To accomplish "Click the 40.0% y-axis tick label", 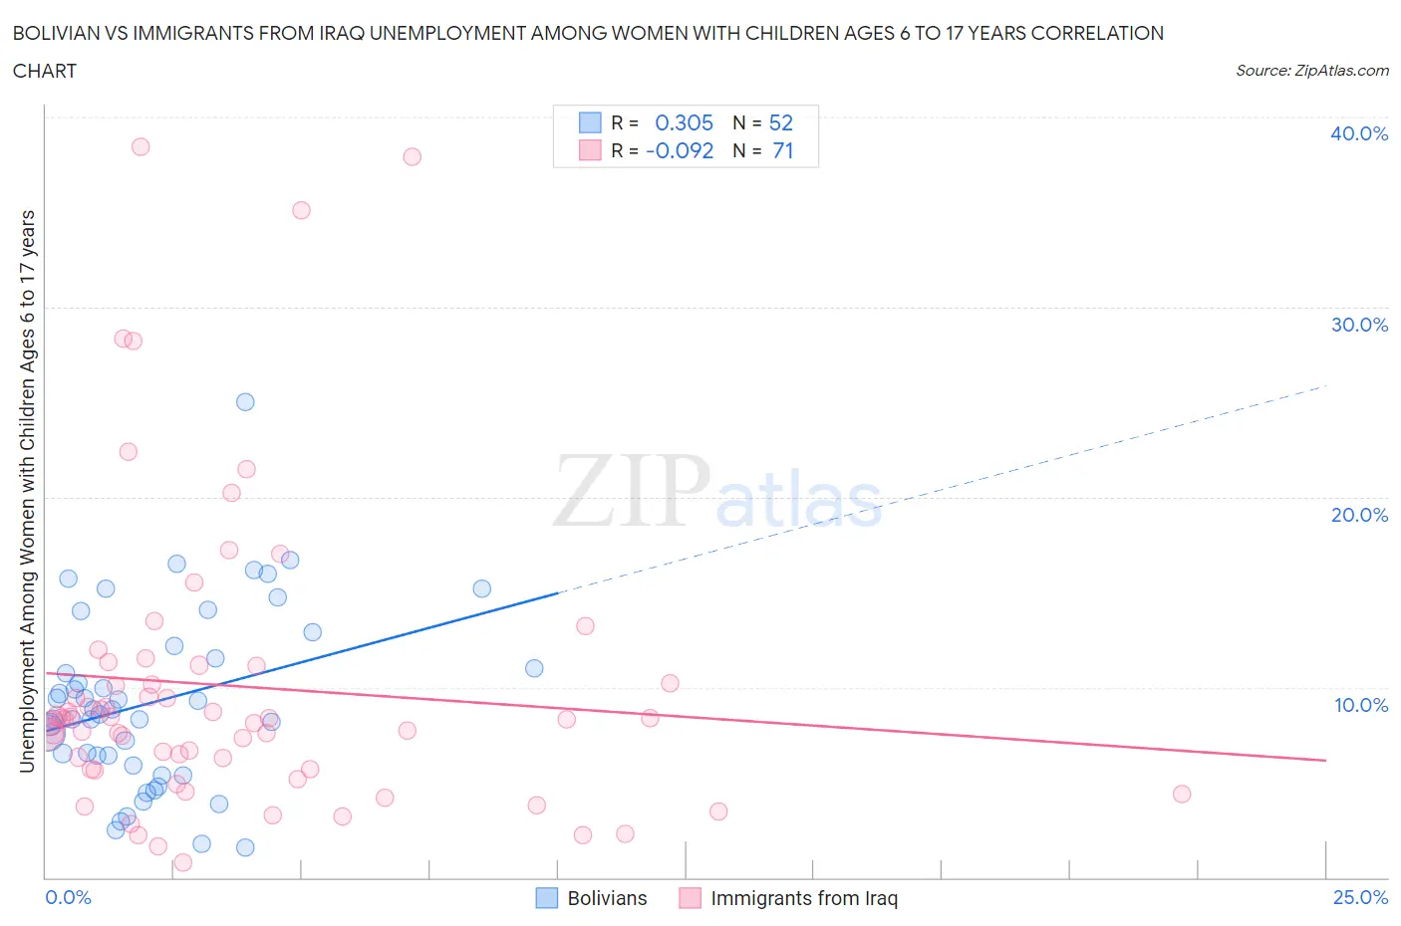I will tap(1358, 133).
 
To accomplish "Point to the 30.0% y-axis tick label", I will tap(1358, 325).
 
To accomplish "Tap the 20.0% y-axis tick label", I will tap(1358, 515).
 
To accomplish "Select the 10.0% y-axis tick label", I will tap(1360, 705).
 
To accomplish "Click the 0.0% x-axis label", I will tap(68, 897).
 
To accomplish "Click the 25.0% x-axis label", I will tap(1360, 897).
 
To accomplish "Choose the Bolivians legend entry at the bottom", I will tap(592, 898).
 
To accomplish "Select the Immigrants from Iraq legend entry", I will tap(788, 898).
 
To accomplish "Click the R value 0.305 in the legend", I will tap(684, 122).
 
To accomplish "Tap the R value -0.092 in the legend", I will tap(680, 150).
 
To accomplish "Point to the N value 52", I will tap(781, 122).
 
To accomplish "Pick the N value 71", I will tap(783, 150).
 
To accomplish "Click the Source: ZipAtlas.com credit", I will tap(1311, 70).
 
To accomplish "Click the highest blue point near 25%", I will tap(245, 402).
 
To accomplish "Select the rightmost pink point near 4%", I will tap(1182, 794).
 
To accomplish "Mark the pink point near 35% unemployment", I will tap(301, 210).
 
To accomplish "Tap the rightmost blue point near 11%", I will tap(534, 668).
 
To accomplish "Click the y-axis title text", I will tap(27, 491).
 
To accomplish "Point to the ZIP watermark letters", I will tap(632, 490).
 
